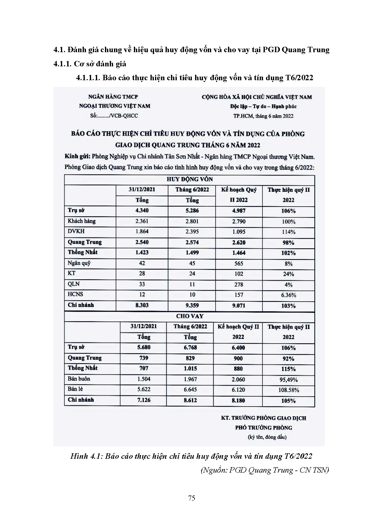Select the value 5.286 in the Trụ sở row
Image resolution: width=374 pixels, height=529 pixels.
tap(192, 211)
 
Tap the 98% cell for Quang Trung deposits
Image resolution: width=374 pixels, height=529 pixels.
tap(288, 242)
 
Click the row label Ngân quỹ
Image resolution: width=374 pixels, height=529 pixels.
tap(79, 263)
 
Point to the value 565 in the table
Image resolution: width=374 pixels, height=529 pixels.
tap(239, 263)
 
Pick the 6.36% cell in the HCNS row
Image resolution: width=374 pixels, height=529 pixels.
tap(288, 295)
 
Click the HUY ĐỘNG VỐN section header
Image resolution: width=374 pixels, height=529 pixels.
tap(190, 179)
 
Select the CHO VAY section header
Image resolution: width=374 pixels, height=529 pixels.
tap(190, 316)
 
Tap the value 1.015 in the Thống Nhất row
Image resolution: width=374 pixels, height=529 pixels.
tap(190, 368)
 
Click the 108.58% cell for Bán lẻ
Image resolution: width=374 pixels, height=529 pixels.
tap(288, 390)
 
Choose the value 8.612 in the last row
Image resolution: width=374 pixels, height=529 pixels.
tap(190, 400)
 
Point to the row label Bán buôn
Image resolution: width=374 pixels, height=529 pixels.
tap(79, 379)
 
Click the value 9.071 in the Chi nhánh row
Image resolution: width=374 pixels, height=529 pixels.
tap(239, 306)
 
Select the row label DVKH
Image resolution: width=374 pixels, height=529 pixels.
tap(76, 231)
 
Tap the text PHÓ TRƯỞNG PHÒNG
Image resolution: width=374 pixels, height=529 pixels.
tap(264, 427)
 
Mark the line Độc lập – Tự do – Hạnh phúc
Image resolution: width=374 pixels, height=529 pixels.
tap(263, 106)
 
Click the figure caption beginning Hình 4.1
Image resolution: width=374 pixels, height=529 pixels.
tap(191, 456)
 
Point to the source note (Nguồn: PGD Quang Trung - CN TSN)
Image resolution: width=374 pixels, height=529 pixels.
tap(265, 470)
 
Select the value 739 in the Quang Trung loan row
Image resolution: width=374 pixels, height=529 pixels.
tap(144, 358)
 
